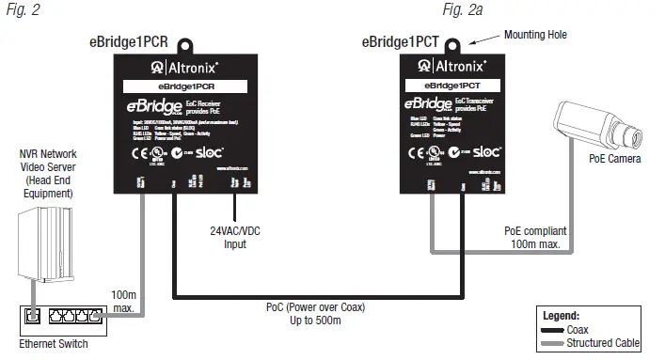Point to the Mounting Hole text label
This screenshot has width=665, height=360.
[x=536, y=35]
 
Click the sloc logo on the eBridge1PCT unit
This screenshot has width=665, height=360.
[x=485, y=149]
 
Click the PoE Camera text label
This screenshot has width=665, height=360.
[x=615, y=160]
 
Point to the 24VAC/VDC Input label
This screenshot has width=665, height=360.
[x=228, y=237]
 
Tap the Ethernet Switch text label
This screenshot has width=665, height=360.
[x=54, y=344]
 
